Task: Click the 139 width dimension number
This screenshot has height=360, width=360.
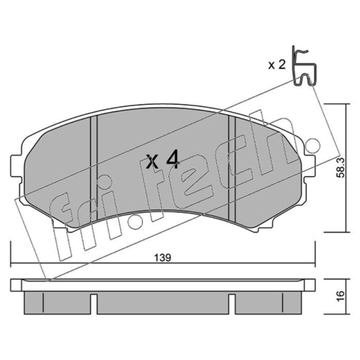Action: [x=162, y=257]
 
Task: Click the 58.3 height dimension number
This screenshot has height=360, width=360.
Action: [x=340, y=167]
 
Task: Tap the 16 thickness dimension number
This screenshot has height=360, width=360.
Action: [x=340, y=296]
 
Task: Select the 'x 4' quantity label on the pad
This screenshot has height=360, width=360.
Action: [x=163, y=159]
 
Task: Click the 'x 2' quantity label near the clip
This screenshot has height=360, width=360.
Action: [x=277, y=65]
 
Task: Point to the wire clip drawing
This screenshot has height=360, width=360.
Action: [x=305, y=66]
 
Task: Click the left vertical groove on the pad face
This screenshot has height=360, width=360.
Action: [x=94, y=168]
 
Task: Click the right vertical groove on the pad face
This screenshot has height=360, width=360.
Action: [x=232, y=169]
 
